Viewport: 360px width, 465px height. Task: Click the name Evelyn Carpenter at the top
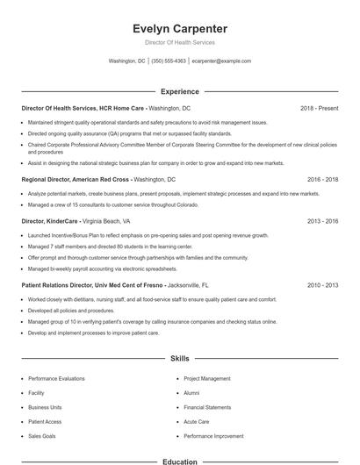pos(179,28)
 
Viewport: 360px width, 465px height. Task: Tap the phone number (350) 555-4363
pos(169,61)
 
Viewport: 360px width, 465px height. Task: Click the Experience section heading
pos(179,91)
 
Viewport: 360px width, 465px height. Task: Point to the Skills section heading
pos(179,359)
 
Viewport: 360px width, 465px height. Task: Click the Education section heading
pos(179,461)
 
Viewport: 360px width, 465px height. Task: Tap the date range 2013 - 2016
pos(323,222)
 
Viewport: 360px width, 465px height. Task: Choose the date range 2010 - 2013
pos(323,285)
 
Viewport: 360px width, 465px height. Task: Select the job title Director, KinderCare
pos(49,222)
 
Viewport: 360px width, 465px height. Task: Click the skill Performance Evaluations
pos(56,378)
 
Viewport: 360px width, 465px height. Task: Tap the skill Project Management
pos(207,378)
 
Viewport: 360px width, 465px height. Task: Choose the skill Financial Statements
pos(207,407)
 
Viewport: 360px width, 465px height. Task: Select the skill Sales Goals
pos(41,435)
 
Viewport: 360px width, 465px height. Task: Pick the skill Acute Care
pos(197,421)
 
